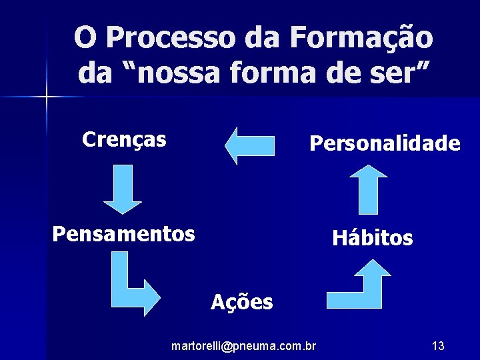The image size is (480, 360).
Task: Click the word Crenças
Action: pos(124,139)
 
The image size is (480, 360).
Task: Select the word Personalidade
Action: pos(385,143)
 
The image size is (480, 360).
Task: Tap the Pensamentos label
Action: pos(123,234)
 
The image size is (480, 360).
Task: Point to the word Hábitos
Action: pos(372,238)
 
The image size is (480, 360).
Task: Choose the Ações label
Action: pos(241,302)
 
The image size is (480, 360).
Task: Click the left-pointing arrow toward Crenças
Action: pos(250,145)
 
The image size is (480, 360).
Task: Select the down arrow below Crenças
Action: pos(123,189)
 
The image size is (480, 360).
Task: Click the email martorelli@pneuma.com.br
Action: pos(244,346)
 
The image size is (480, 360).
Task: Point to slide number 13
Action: pos(438,346)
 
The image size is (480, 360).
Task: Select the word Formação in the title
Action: pos(361,38)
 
